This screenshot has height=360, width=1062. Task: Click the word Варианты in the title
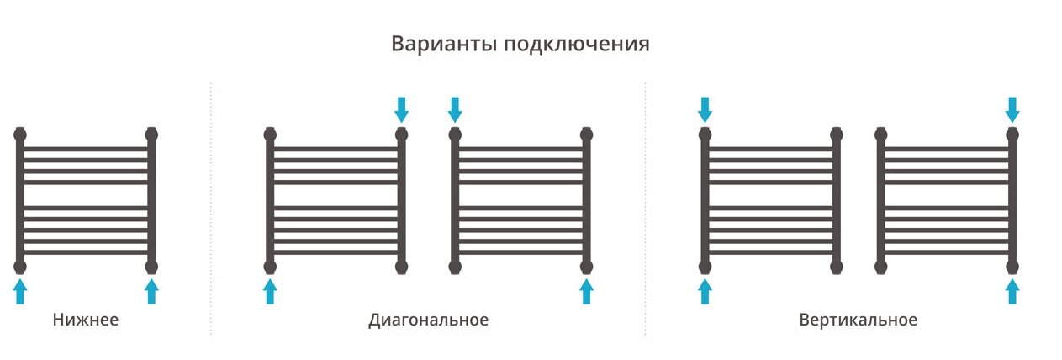[444, 44]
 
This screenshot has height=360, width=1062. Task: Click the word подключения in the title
[577, 45]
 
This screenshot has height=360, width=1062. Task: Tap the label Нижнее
[86, 320]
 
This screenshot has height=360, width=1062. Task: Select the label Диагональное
[428, 320]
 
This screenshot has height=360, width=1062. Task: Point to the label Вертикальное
[859, 320]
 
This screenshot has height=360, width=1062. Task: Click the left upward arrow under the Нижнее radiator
[20, 291]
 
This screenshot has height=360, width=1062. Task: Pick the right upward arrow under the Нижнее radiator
[151, 291]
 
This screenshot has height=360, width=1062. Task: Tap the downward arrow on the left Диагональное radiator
[401, 109]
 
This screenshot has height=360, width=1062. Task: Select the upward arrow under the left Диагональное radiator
[270, 291]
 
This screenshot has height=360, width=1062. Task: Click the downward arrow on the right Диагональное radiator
[455, 109]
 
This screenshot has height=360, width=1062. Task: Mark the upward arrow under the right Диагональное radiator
[586, 291]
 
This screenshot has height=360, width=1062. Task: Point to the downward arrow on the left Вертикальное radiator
[705, 109]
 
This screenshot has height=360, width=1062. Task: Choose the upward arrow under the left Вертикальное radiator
[705, 291]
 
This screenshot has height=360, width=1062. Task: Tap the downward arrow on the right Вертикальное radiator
[1012, 109]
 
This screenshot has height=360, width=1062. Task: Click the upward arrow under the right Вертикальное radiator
[1012, 291]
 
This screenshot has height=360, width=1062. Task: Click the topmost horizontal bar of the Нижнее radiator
[86, 149]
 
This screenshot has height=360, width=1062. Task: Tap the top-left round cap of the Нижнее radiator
[20, 134]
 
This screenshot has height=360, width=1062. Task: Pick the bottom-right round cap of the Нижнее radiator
[151, 267]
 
